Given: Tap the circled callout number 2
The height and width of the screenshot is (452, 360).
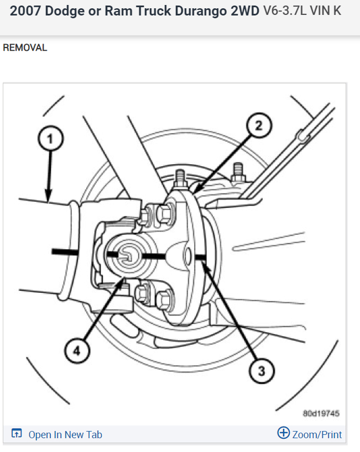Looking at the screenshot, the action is tap(257, 125).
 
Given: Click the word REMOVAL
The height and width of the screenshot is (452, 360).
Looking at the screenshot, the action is tap(25, 48).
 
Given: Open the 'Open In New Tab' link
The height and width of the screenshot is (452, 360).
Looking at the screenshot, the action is tap(65, 434).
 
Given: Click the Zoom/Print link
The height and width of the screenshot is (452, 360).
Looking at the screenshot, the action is tap(317, 434).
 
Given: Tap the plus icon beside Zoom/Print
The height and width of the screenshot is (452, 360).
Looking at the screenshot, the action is tap(283, 433).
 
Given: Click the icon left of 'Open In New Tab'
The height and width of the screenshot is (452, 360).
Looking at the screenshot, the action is tap(17, 434).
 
